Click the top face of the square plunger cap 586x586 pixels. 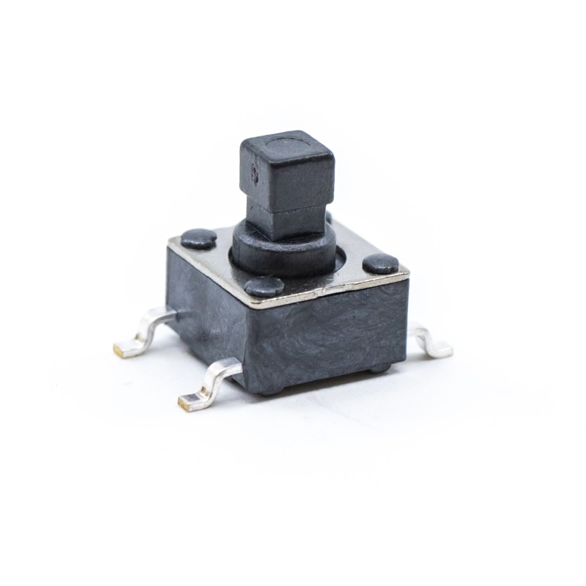(x=287, y=145)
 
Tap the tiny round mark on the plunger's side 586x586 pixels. (x=255, y=174)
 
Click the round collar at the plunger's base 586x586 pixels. (x=282, y=249)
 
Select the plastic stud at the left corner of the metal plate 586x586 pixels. (x=199, y=237)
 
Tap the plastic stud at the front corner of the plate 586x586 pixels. (x=264, y=286)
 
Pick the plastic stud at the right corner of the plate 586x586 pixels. (x=381, y=264)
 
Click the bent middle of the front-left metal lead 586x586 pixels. (x=212, y=381)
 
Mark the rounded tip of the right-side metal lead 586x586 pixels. (x=442, y=349)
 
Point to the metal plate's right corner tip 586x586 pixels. (x=407, y=274)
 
